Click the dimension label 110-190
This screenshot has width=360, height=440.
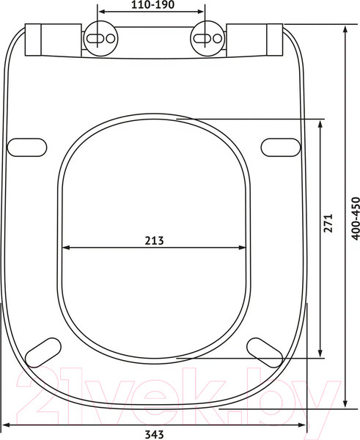pos(153,4)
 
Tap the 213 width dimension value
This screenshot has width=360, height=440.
pos(154,241)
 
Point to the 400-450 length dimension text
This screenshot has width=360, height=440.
pos(356,219)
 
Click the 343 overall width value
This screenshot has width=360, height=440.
pos(154,434)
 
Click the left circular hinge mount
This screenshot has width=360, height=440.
pos(100,38)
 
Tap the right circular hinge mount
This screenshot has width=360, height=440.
pos(207,38)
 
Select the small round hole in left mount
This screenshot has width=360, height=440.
pos(111,38)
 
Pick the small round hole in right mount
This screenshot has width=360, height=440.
pos(218,38)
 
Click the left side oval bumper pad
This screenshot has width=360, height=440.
pos(27,147)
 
